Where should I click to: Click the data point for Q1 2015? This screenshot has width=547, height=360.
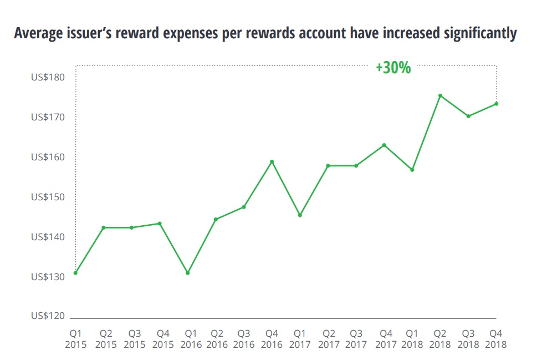click(x=75, y=273)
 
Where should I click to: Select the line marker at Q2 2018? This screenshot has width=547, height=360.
click(x=440, y=95)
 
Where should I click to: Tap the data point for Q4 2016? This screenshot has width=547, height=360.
click(x=272, y=161)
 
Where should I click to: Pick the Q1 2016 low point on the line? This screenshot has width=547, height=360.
click(x=188, y=273)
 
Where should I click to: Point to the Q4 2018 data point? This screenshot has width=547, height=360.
click(x=497, y=104)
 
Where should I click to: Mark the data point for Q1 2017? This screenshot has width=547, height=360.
click(x=300, y=215)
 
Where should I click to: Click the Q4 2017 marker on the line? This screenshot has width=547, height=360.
click(x=384, y=145)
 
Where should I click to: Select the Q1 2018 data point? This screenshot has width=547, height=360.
click(x=412, y=170)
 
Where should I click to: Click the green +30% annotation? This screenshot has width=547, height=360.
click(x=393, y=68)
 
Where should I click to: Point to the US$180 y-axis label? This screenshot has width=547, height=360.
click(x=48, y=77)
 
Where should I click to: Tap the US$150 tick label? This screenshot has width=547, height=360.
click(x=48, y=197)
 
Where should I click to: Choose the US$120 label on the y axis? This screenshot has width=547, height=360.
click(x=48, y=316)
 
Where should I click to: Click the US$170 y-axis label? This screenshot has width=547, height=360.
click(x=48, y=117)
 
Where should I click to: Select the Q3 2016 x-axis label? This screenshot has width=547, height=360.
click(x=244, y=339)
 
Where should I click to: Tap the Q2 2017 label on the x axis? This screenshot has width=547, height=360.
click(x=328, y=339)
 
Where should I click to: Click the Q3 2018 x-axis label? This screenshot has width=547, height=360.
click(x=468, y=339)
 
